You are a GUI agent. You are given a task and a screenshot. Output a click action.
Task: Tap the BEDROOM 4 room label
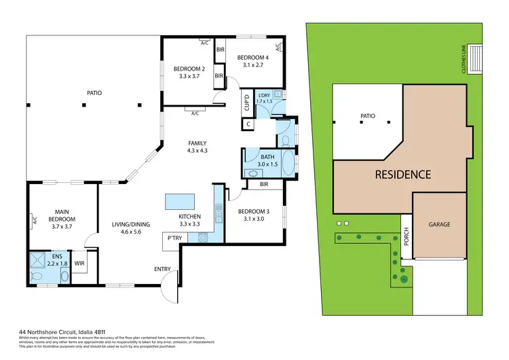[252, 58]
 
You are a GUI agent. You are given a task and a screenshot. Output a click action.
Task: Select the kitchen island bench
[180, 202]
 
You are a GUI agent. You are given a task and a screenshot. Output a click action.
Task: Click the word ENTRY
[162, 270]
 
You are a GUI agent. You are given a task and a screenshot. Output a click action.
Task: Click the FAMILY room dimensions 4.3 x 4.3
[197, 151]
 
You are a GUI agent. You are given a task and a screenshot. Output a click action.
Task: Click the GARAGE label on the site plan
[438, 224]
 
